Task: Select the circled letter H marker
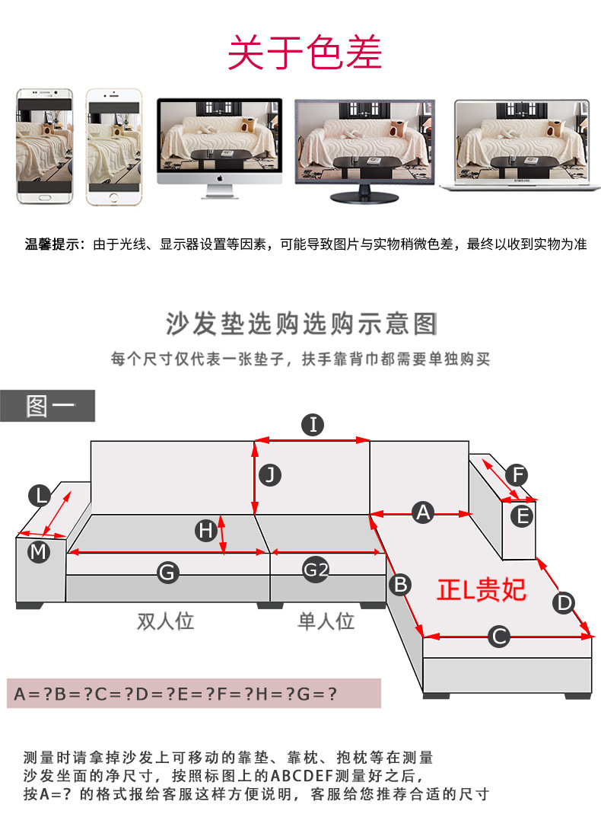tap(205, 531)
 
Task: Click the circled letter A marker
tap(423, 512)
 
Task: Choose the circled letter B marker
tap(400, 585)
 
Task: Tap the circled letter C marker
tap(498, 636)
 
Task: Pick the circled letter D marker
tap(564, 603)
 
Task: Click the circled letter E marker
tap(522, 516)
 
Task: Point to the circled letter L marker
tap(40, 497)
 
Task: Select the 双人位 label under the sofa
tap(165, 621)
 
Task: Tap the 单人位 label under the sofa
tap(326, 621)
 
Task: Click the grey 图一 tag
tap(48, 406)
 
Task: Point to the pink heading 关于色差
tap(305, 52)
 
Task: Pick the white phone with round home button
tap(114, 147)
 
